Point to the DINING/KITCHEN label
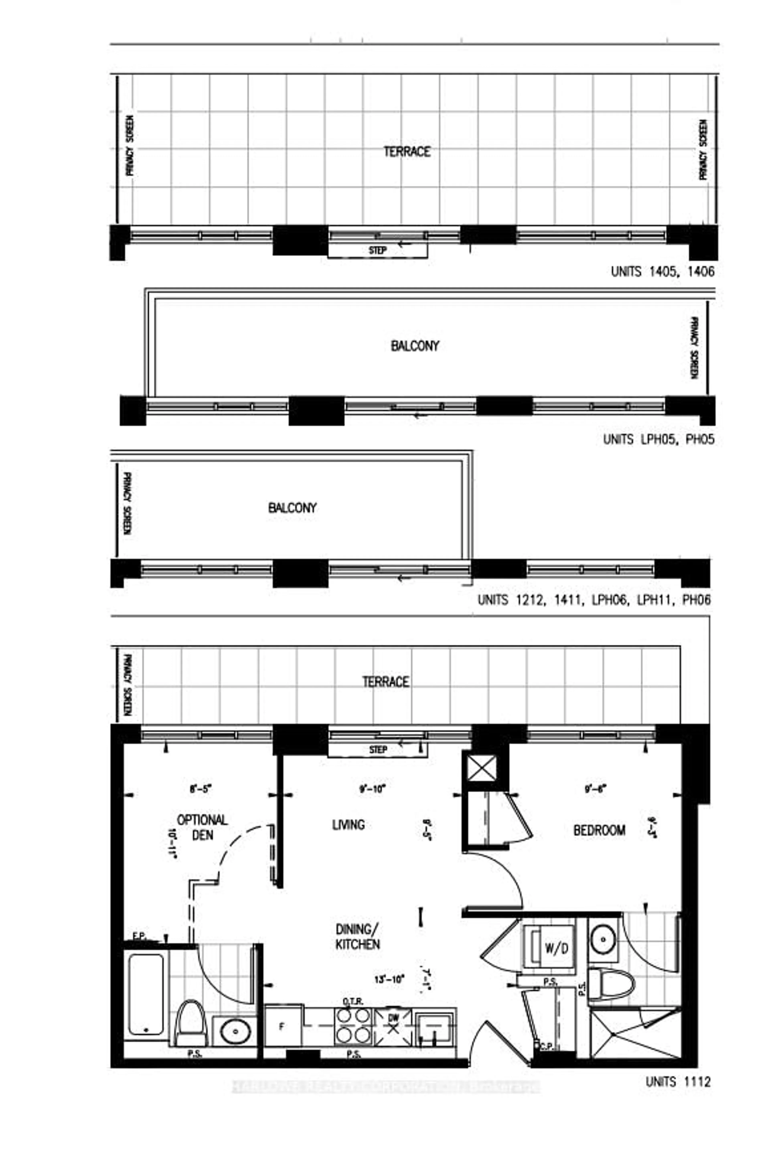point(358,937)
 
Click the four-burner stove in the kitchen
point(353,1026)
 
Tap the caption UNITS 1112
point(678,1082)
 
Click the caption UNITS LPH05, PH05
point(659,439)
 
